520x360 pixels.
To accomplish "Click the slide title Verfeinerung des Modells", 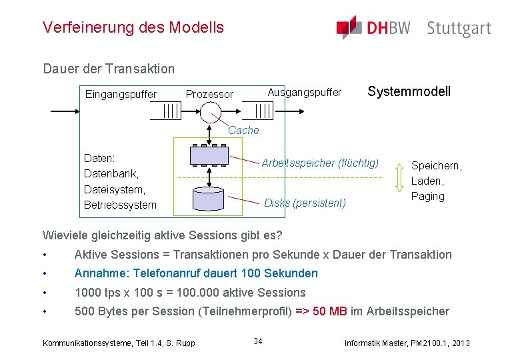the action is pyautogui.click(x=133, y=28).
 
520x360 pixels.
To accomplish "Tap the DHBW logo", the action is pyautogui.click(x=373, y=28).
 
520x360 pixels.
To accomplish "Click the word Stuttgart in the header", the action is pyautogui.click(x=459, y=29).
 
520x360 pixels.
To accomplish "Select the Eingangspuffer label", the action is pyautogui.click(x=121, y=94).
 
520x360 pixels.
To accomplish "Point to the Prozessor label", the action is pyautogui.click(x=209, y=94).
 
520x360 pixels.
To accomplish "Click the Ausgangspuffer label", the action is pyautogui.click(x=304, y=91).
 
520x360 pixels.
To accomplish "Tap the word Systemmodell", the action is pyautogui.click(x=409, y=91).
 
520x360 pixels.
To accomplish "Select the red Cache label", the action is pyautogui.click(x=243, y=131).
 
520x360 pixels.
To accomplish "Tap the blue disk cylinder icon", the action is pyautogui.click(x=209, y=199).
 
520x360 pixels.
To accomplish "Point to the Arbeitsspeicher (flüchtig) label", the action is pyautogui.click(x=320, y=163).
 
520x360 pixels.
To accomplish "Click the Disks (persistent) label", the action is pyautogui.click(x=305, y=203).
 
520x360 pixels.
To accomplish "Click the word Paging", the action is pyautogui.click(x=427, y=196).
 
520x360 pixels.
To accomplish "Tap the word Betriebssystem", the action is pyautogui.click(x=120, y=205).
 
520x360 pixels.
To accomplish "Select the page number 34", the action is pyautogui.click(x=258, y=341).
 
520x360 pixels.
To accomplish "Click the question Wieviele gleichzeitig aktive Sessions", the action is pyautogui.click(x=162, y=235).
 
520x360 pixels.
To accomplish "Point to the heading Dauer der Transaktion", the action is pyautogui.click(x=109, y=69).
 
